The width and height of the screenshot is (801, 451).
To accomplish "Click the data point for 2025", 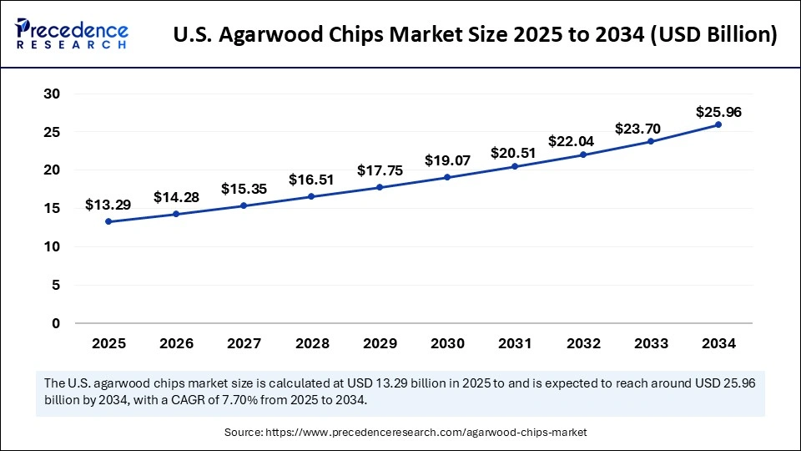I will (108, 221).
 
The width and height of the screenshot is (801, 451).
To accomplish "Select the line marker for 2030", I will (447, 177).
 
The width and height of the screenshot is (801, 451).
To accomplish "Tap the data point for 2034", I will (718, 124).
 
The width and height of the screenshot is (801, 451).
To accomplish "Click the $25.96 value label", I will (719, 111).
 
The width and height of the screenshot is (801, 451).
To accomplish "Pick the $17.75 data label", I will (379, 170).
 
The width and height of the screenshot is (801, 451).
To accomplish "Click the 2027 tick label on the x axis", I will (244, 343).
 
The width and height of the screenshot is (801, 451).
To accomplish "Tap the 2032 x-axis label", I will (582, 343).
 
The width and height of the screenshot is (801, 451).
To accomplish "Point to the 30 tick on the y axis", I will (52, 94).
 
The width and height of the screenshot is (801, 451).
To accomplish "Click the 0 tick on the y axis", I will (56, 323).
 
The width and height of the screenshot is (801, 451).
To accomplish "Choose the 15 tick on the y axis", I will (52, 209).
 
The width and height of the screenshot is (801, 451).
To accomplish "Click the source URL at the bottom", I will (426, 432).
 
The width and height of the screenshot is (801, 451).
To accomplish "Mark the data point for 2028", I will (311, 196).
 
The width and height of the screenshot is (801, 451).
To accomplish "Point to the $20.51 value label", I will (515, 153).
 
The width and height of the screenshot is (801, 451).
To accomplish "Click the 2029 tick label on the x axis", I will (379, 343).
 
